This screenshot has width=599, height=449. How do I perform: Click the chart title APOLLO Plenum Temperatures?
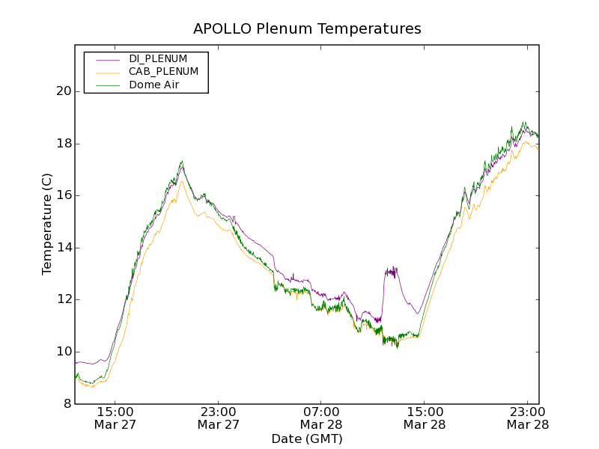[307, 29]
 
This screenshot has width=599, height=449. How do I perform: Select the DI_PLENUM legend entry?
[158, 58]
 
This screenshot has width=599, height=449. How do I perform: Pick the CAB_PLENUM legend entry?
[163, 72]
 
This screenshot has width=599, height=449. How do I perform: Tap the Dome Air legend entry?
[153, 85]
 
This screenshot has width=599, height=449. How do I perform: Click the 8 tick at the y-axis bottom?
[67, 404]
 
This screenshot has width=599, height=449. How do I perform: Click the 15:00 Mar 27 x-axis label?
[115, 418]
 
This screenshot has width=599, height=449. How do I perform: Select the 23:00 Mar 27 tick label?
[218, 418]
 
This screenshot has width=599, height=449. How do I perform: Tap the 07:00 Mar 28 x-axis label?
[321, 418]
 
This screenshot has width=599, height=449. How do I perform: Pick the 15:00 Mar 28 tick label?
[425, 418]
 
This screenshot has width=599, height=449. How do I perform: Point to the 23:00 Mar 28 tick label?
[527, 418]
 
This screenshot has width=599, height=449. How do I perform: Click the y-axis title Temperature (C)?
[47, 224]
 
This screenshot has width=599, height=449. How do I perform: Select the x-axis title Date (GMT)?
[307, 439]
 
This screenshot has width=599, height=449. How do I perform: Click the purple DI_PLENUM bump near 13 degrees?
[391, 271]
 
